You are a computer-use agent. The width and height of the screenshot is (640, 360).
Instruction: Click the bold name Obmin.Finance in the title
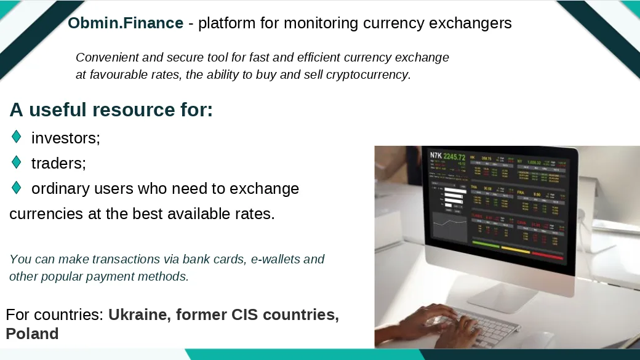tap(126, 23)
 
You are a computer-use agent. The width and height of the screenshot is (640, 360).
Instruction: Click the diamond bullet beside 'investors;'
tap(17, 137)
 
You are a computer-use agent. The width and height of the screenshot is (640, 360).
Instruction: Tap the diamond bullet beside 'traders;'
tap(17, 162)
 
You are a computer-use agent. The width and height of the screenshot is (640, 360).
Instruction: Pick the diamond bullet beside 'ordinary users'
tap(17, 188)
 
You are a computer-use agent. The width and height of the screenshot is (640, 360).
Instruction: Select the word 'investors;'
tap(66, 138)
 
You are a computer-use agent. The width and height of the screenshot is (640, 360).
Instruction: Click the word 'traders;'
tap(58, 164)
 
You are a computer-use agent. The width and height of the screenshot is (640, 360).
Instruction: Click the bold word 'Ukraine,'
tap(140, 315)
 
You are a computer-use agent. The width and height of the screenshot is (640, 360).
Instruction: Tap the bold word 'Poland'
tap(32, 334)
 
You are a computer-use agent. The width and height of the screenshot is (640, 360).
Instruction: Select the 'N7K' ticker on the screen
tap(436, 156)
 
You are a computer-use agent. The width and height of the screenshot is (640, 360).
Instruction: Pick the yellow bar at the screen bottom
tap(515, 250)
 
